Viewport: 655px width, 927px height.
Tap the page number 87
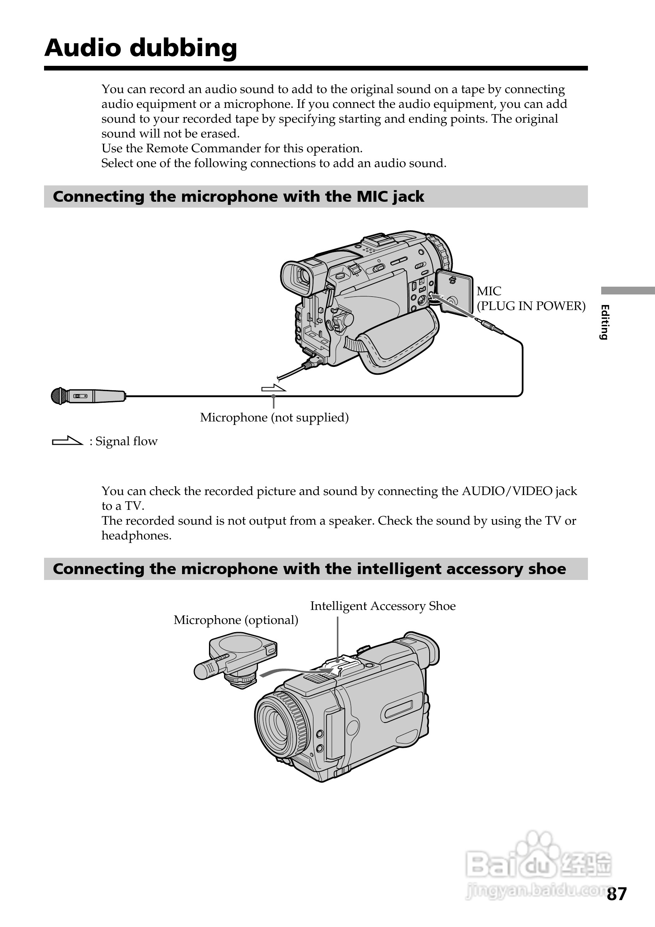[617, 894]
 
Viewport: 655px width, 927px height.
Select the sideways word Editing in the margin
[604, 322]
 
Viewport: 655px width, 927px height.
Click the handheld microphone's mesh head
[59, 396]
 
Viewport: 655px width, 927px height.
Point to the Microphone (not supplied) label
[274, 418]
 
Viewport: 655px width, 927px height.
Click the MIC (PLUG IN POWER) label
[530, 299]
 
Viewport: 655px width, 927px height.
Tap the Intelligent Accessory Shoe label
[382, 606]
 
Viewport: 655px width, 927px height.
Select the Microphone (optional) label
[235, 620]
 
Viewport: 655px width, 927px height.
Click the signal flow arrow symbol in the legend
[67, 441]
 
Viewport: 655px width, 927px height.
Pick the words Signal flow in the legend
[126, 442]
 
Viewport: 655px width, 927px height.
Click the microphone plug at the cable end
[490, 325]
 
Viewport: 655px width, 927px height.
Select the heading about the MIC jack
[238, 197]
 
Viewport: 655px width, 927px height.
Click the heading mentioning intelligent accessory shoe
[309, 569]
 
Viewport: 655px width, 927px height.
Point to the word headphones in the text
[136, 536]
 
